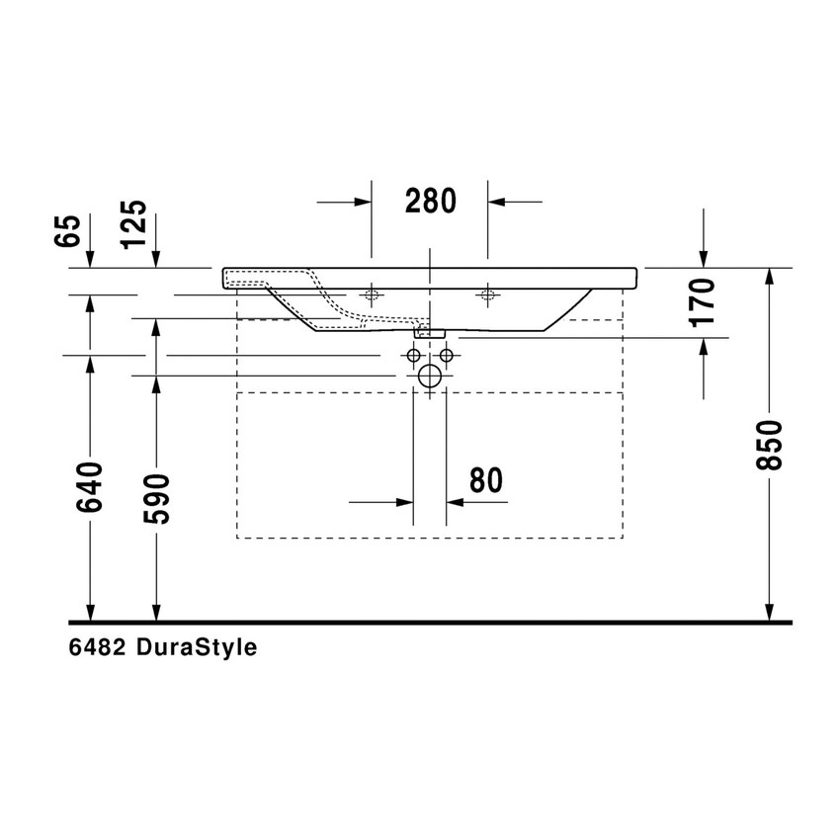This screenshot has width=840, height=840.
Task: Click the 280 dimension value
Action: pyautogui.click(x=430, y=201)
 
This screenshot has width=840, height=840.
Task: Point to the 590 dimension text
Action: pyautogui.click(x=156, y=498)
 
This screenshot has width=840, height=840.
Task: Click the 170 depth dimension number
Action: pyautogui.click(x=703, y=302)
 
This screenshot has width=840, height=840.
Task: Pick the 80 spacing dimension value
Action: pyautogui.click(x=485, y=480)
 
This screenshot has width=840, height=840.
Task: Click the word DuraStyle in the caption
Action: pyautogui.click(x=197, y=648)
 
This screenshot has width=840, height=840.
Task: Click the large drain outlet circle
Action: pyautogui.click(x=430, y=376)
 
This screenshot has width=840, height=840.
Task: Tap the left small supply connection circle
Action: pyautogui.click(x=413, y=355)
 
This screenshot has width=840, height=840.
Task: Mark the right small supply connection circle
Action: pyautogui.click(x=447, y=355)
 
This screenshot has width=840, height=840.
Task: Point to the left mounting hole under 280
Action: pyautogui.click(x=372, y=294)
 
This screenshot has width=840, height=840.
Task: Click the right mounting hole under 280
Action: pyautogui.click(x=487, y=294)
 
